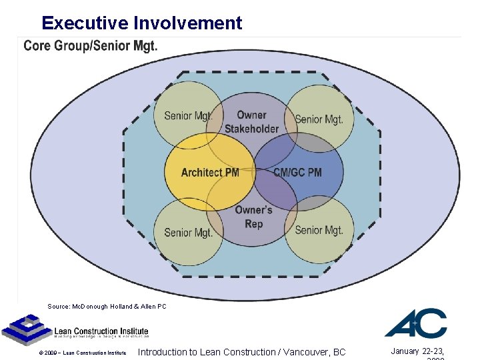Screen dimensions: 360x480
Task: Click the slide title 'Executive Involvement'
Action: (141, 23)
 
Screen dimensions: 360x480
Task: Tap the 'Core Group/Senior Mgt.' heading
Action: (91, 46)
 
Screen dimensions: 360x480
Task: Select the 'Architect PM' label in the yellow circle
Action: (210, 173)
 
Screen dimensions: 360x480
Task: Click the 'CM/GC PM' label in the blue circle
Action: (297, 173)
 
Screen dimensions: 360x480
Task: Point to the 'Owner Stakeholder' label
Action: (251, 122)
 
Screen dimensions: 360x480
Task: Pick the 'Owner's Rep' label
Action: (253, 217)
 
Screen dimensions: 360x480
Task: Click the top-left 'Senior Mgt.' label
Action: (189, 116)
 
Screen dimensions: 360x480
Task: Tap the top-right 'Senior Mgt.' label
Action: (319, 120)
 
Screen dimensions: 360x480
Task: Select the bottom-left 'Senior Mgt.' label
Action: (189, 233)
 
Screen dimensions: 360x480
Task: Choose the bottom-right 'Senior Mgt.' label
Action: (319, 231)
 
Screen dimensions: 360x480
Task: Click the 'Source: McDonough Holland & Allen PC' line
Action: (107, 307)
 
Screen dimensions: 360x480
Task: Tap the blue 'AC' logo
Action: (415, 323)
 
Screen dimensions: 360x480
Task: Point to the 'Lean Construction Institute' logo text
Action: (101, 331)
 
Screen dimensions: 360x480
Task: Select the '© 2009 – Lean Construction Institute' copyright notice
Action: (83, 353)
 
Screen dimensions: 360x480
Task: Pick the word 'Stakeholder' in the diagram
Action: (251, 129)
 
